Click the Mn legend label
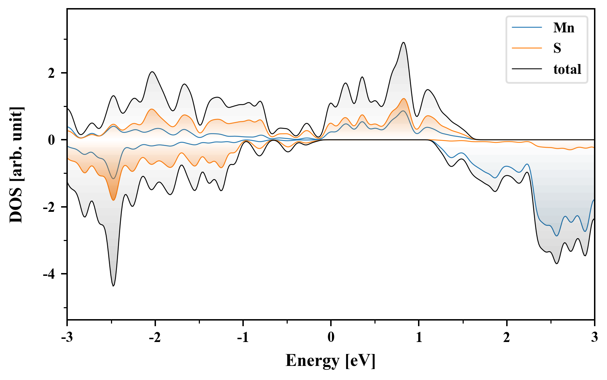pyautogui.click(x=563, y=27)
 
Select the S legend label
pyautogui.click(x=557, y=48)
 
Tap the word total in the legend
pyautogui.click(x=567, y=69)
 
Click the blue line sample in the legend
pyautogui.click(x=527, y=27)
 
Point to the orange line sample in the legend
pyautogui.click(x=527, y=48)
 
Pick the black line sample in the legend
pyautogui.click(x=527, y=69)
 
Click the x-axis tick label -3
pyautogui.click(x=67, y=337)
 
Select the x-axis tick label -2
pyautogui.click(x=155, y=337)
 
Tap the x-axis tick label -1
pyautogui.click(x=242, y=337)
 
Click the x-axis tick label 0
pyautogui.click(x=331, y=337)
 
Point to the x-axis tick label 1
pyautogui.click(x=419, y=337)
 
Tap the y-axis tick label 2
pyautogui.click(x=52, y=73)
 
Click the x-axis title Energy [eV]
pyautogui.click(x=331, y=361)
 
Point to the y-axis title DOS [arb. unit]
pyautogui.click(x=16, y=164)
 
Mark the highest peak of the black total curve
pyautogui.click(x=404, y=43)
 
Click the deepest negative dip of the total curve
pyautogui.click(x=113, y=286)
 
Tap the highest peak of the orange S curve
pyautogui.click(x=404, y=99)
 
